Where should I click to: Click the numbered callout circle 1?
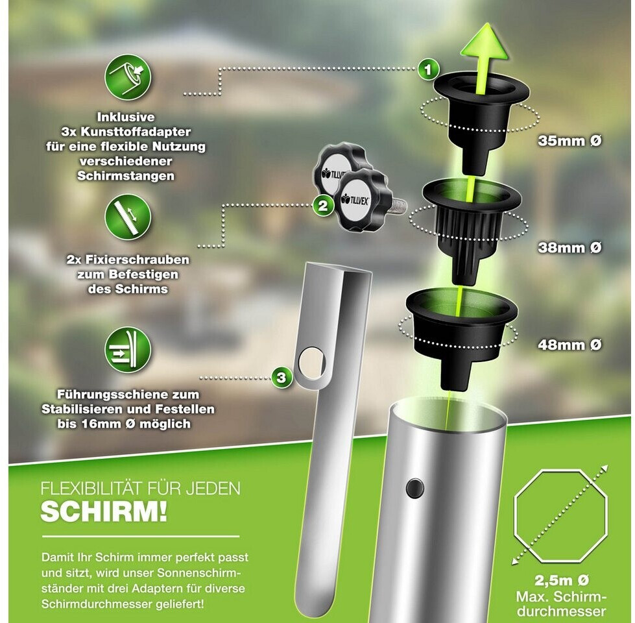[x=427, y=69]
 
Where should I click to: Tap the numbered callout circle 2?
[x=322, y=206]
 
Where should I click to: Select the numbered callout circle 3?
[x=281, y=378]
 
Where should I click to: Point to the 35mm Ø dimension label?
[x=569, y=141]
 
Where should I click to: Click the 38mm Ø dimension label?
[x=569, y=247]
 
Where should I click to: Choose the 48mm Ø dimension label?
[x=569, y=345]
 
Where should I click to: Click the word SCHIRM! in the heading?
[x=104, y=511]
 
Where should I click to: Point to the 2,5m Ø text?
[x=561, y=580]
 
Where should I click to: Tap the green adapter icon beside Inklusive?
[x=128, y=77]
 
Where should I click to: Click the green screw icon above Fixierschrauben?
[x=128, y=217]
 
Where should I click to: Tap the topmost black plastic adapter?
[x=481, y=120]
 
